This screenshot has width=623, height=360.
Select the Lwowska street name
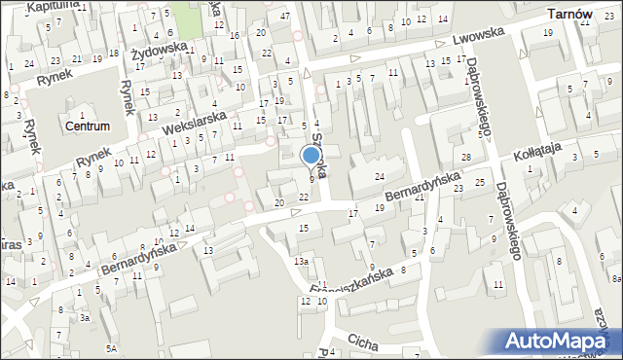[476, 40]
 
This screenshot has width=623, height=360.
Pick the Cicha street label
[362, 342]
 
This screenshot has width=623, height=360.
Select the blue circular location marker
[311, 155]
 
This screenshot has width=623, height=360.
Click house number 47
[284, 17]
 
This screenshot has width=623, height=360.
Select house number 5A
[112, 347]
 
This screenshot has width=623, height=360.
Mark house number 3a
[85, 318]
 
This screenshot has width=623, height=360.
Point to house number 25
[479, 182]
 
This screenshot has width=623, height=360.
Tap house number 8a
[616, 278]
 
